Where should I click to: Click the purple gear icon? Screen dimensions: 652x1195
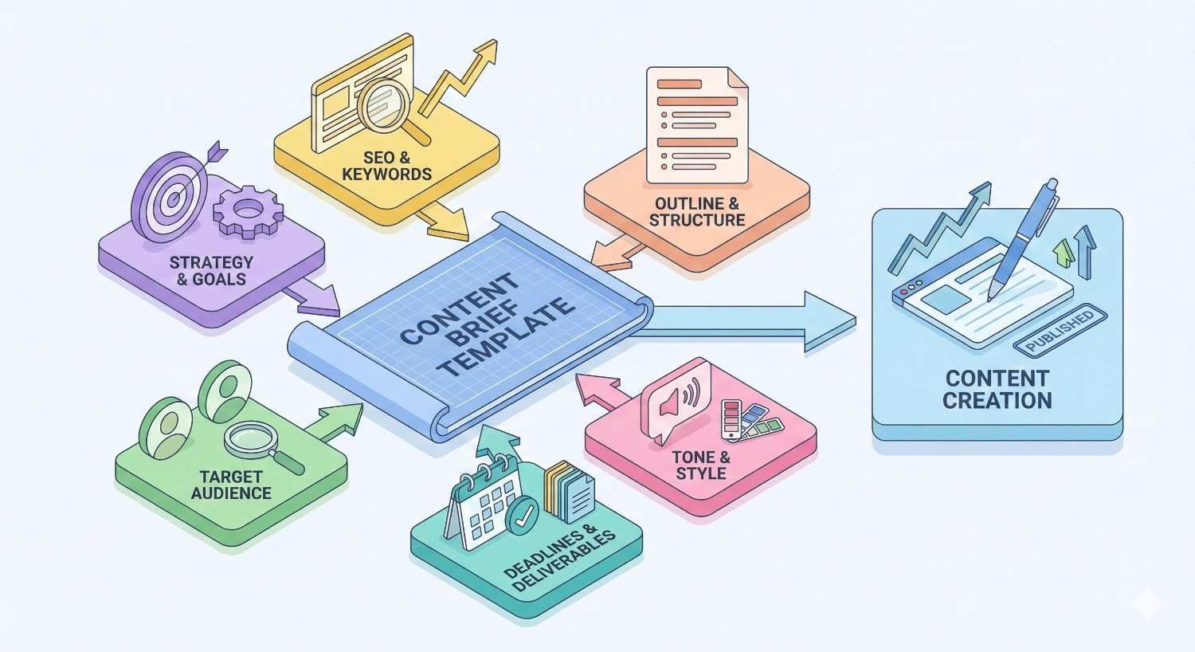pos(247,209)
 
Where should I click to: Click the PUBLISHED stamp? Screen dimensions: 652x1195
pos(1060,332)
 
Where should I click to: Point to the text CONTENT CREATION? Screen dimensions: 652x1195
pos(997,389)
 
